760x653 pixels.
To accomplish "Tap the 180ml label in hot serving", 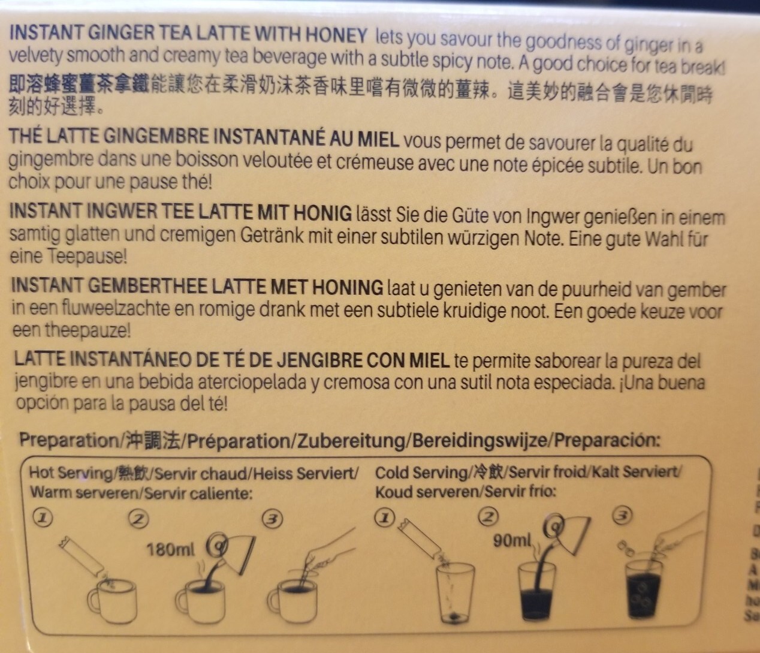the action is [x=170, y=550].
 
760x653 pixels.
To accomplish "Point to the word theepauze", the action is [x=88, y=330].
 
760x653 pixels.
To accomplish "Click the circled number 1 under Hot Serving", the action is [x=43, y=518].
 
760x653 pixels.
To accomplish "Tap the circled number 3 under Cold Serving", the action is [x=622, y=515].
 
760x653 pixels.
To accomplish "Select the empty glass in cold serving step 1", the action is [x=455, y=592].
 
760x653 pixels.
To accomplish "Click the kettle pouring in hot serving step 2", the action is [x=236, y=552].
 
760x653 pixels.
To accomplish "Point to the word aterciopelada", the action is [x=252, y=383].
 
